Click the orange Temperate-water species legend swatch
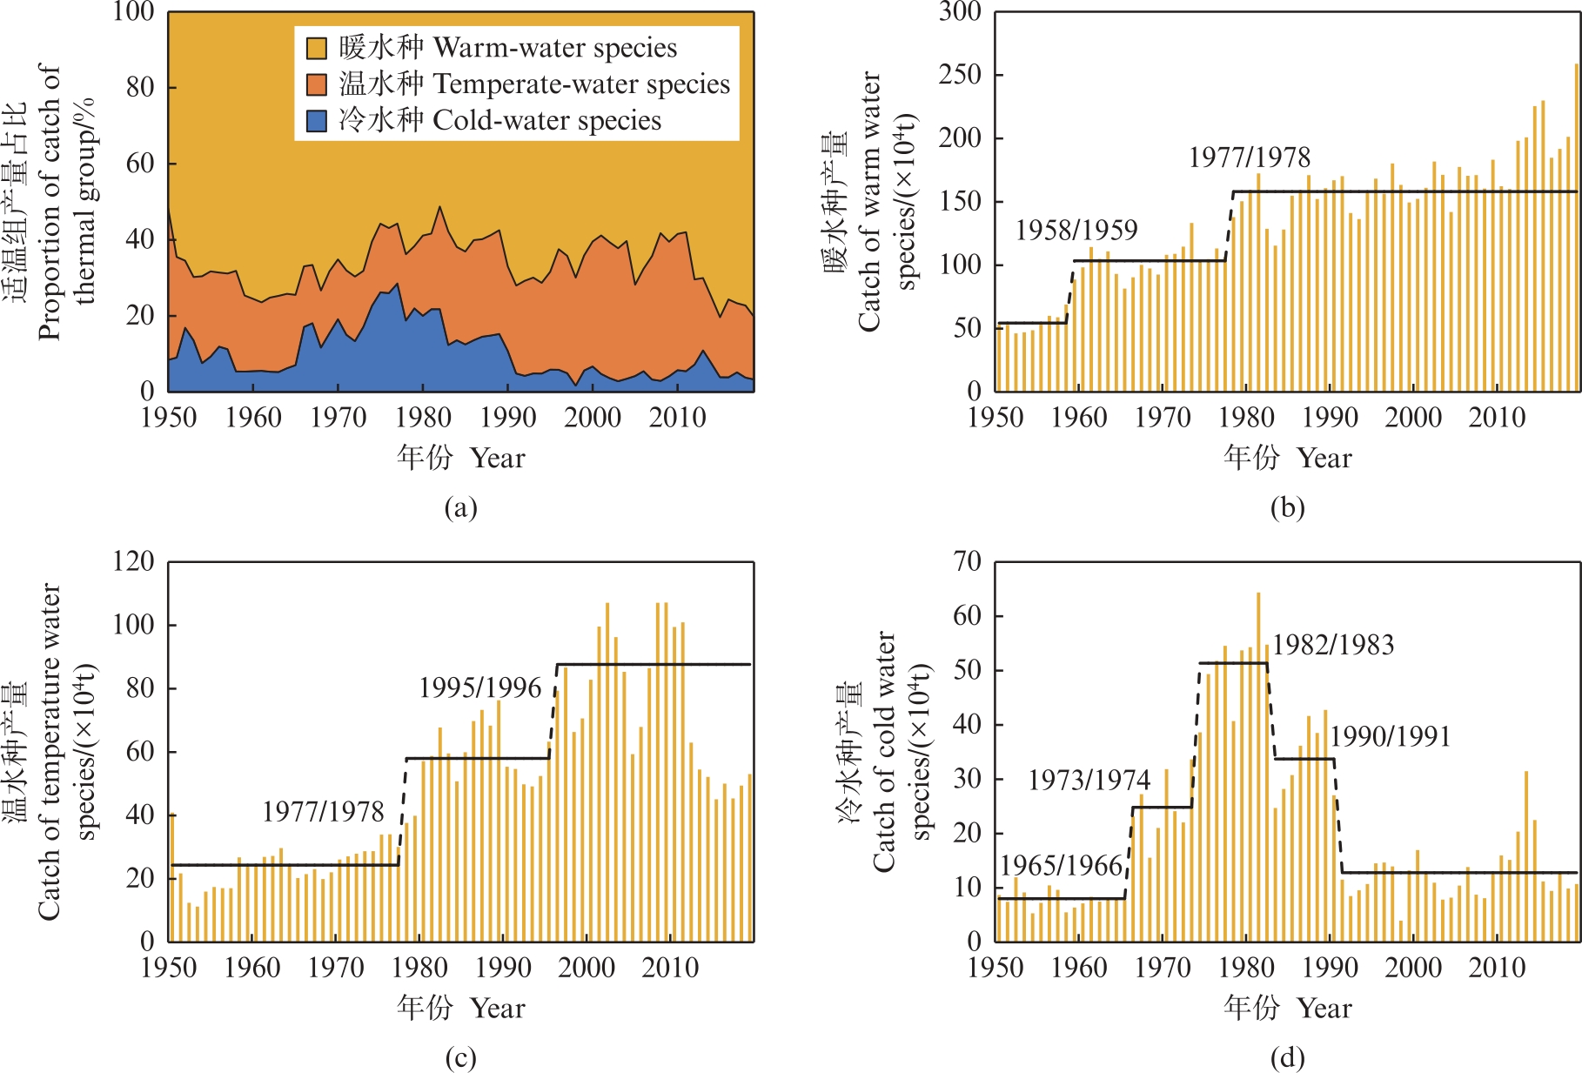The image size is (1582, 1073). pos(317,84)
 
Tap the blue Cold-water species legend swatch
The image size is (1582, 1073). pos(317,120)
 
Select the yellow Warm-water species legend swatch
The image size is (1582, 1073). pos(317,48)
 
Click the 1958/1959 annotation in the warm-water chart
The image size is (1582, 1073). pos(1076,230)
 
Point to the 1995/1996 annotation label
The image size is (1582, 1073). pos(480,687)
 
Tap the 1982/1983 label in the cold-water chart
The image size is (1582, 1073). pos(1333,645)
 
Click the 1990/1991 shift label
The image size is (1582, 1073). pos(1391,737)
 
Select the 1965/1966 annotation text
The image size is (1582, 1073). pos(1062,865)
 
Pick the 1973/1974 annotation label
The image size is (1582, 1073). pos(1089,780)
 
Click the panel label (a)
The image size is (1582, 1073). pos(460,507)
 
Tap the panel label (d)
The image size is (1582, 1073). pos(1287,1057)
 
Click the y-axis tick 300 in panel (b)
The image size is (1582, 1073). pos(961,12)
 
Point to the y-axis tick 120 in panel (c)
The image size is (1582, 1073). pos(134,561)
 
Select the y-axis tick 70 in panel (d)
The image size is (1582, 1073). pos(968,561)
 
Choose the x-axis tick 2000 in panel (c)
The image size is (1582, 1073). pos(587,968)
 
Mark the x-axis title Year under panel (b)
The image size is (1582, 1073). pos(1324,458)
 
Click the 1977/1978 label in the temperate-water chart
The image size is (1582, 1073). pos(324,812)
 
